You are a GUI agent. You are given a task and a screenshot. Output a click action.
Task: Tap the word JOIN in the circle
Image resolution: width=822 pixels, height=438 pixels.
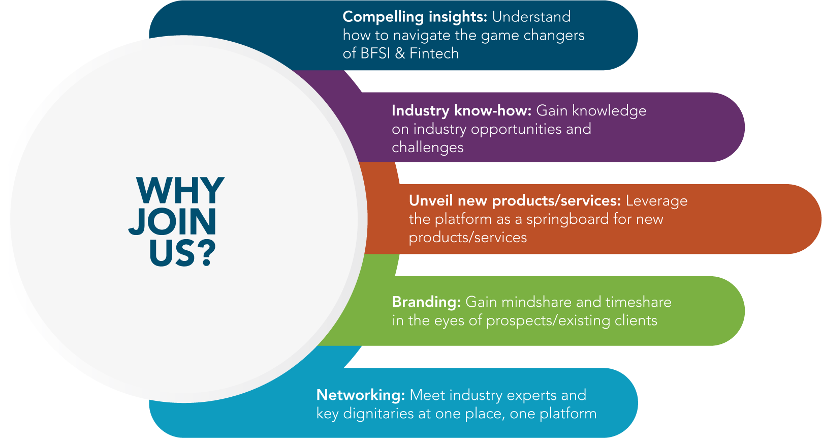(172, 222)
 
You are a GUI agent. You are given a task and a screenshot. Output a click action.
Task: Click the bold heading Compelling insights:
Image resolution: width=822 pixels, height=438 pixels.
(415, 17)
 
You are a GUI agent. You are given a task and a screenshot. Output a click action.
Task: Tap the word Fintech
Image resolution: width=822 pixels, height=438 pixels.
(434, 53)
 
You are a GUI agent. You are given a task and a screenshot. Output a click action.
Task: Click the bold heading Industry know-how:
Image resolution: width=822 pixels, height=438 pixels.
(461, 110)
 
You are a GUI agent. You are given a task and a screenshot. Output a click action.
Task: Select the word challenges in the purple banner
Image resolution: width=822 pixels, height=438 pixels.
(428, 148)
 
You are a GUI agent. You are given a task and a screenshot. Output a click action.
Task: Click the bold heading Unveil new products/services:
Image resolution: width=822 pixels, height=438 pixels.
(515, 200)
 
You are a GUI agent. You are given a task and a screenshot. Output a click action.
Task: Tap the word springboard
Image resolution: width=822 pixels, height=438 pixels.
(567, 219)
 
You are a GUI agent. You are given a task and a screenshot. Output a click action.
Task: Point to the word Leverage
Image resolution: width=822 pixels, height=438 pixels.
(656, 201)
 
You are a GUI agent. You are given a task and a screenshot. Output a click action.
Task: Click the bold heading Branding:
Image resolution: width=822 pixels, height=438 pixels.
(426, 302)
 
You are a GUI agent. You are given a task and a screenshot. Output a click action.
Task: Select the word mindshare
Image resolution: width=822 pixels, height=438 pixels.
(537, 302)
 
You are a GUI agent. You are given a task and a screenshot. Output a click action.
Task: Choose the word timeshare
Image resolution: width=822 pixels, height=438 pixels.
(639, 302)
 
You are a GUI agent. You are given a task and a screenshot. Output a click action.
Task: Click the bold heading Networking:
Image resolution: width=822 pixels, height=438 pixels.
(361, 395)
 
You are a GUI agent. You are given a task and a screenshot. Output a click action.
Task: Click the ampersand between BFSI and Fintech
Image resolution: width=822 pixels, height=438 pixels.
(400, 53)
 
